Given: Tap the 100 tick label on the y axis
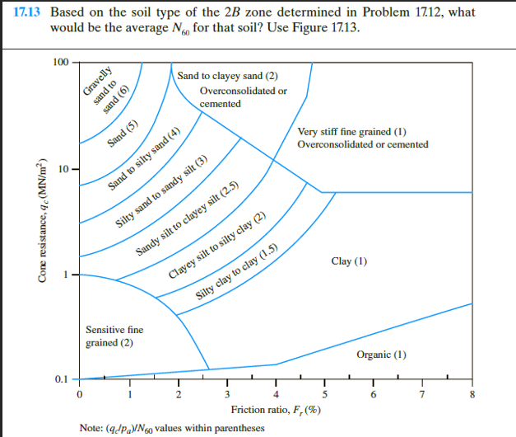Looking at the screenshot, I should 60,63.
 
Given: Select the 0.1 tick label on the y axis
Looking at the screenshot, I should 62,379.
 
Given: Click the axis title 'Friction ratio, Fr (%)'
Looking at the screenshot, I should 276,410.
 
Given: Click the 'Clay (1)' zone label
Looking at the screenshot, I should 349,261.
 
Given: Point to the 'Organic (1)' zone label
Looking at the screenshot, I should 382,355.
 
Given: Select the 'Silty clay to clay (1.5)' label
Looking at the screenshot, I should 236,275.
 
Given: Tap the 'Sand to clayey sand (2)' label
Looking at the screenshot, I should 221,77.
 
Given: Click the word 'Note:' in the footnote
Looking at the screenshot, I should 91,428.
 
